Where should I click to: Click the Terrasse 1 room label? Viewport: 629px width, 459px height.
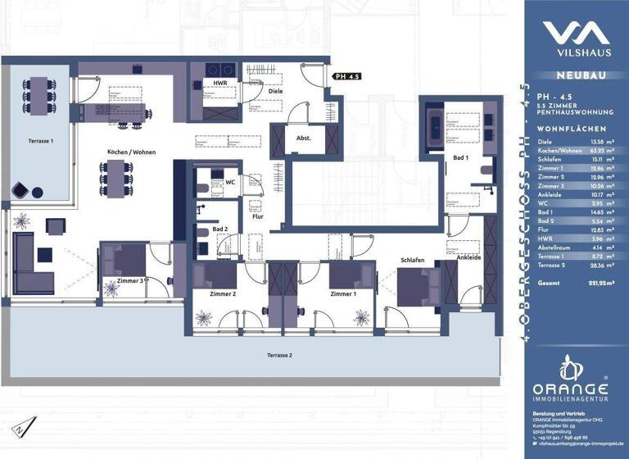click(41, 141)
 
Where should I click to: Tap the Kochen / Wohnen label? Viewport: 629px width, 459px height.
click(131, 152)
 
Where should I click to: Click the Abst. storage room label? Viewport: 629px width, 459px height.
click(303, 138)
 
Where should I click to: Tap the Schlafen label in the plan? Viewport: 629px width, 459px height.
click(412, 260)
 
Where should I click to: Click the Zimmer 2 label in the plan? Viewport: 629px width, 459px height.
click(223, 293)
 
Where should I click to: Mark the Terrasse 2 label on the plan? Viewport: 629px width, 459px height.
click(279, 355)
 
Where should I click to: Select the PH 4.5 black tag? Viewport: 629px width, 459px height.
click(347, 76)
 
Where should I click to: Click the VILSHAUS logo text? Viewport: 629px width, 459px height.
click(576, 54)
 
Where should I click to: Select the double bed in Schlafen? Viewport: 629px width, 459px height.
click(414, 286)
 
